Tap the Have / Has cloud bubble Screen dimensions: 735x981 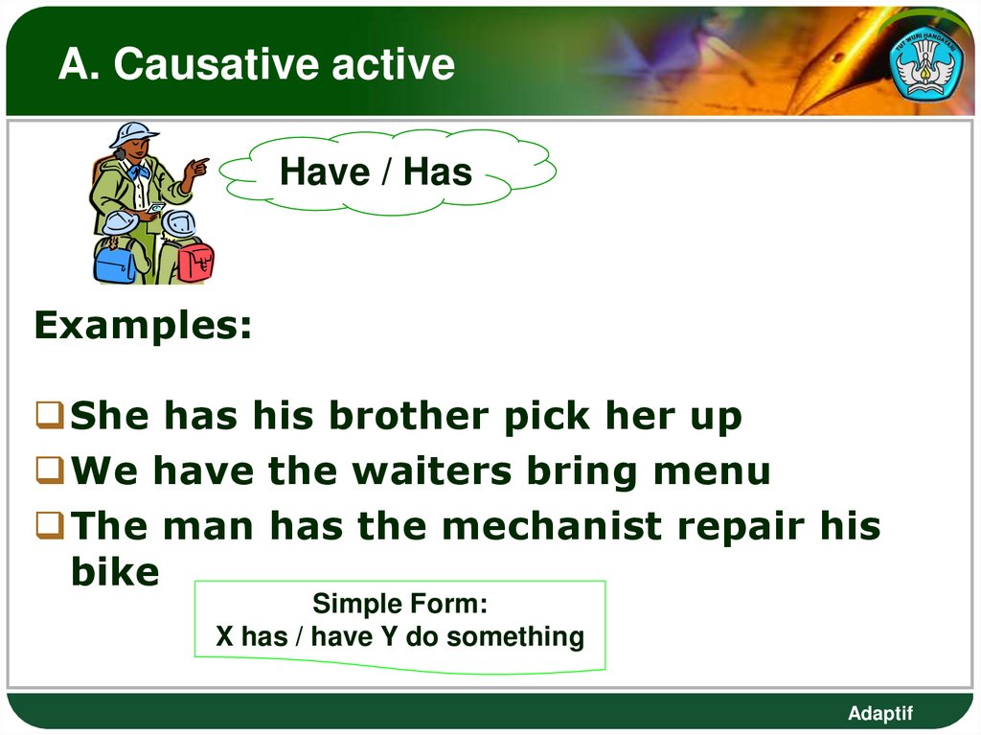(376, 172)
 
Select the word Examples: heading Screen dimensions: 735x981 (144, 327)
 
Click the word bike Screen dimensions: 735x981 (115, 572)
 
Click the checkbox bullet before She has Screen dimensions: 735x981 (50, 417)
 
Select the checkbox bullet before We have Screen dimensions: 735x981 (50, 471)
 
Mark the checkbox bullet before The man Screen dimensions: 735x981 (50, 526)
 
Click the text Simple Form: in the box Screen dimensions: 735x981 (399, 605)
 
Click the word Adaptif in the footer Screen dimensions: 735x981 (880, 713)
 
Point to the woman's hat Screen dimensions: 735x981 (133, 133)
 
